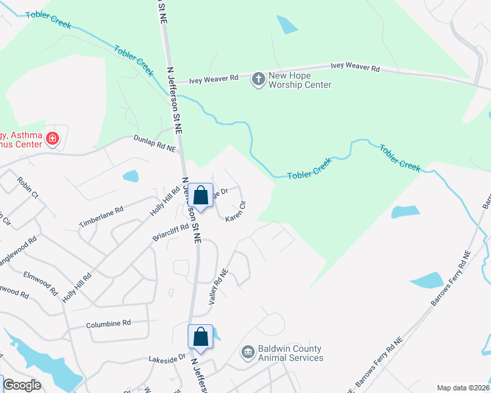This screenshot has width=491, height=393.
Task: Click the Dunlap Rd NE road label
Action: point(156,142)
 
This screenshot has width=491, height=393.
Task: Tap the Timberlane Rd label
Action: point(101,217)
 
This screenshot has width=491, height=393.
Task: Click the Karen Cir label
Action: point(236,211)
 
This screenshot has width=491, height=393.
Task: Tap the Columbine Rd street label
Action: point(108,324)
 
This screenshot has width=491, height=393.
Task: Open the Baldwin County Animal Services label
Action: point(290,354)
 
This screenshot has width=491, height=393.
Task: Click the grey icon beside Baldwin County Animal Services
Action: point(247,353)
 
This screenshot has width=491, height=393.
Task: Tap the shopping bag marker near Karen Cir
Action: point(202,195)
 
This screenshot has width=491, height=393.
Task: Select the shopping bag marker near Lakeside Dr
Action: point(201,337)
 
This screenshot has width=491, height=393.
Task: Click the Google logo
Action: point(22,385)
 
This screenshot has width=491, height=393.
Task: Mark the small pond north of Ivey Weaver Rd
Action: point(288,24)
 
